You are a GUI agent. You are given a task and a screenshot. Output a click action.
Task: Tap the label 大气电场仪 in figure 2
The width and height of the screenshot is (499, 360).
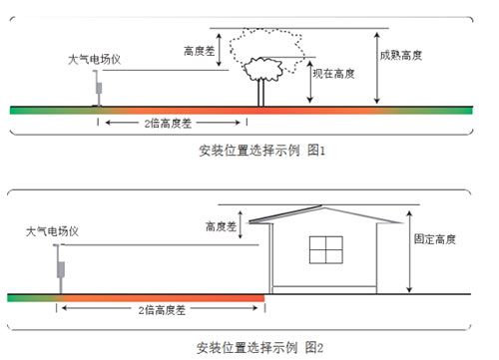coord(53,231)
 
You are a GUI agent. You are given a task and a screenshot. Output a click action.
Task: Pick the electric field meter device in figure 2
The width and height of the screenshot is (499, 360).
coord(60,272)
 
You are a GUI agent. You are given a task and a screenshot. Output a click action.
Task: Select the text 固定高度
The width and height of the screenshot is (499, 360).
coord(434,239)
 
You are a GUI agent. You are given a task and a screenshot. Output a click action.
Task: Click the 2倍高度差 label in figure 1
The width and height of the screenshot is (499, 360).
coord(171,123)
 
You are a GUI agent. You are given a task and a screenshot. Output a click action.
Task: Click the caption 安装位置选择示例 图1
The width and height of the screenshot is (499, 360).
coord(253,151)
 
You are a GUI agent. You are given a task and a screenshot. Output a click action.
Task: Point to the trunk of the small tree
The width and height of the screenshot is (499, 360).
coord(261,93)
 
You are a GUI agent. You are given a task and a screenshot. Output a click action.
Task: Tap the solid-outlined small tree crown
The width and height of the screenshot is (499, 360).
coord(261,70)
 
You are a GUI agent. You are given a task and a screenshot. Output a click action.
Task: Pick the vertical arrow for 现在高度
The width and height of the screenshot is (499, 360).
coord(311,80)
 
